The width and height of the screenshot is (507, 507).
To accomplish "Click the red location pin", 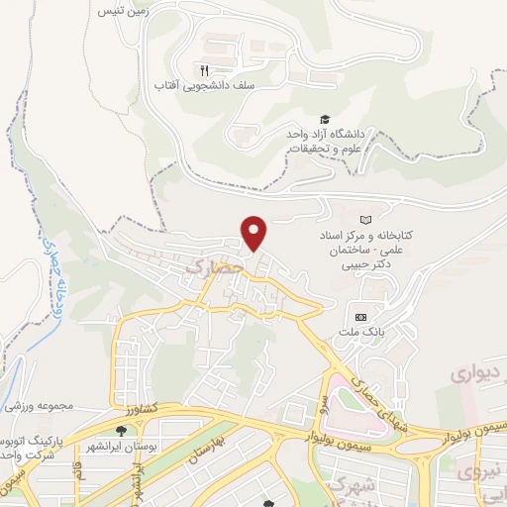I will click(255, 232).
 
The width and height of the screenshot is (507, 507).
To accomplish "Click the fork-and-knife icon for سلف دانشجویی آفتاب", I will click(204, 70).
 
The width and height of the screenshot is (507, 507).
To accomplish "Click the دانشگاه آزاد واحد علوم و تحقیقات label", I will click(327, 140).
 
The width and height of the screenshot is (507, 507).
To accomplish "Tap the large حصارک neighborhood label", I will click(214, 266).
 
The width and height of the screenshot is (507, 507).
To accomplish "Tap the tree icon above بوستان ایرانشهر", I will click(121, 431).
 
